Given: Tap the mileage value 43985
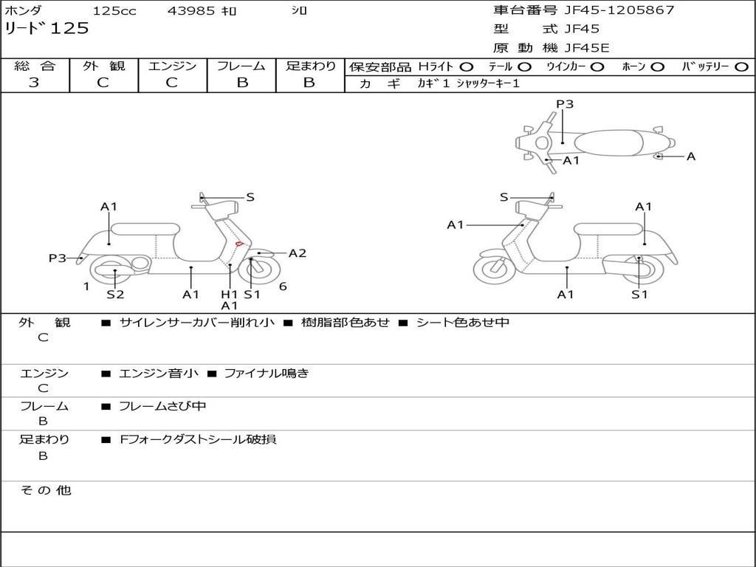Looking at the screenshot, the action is [x=191, y=11].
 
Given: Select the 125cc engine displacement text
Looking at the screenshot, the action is [x=114, y=11].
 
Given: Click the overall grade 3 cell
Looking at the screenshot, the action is [x=35, y=83].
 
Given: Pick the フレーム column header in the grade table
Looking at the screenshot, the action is [x=242, y=66].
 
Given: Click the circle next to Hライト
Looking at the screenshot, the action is [x=467, y=67].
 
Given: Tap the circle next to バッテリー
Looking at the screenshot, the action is [x=742, y=67].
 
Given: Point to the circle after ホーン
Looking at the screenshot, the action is [x=658, y=67].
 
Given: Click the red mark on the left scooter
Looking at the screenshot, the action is [x=239, y=244].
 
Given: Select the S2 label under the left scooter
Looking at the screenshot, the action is [x=115, y=295].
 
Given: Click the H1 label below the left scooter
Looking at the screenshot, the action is [x=230, y=295].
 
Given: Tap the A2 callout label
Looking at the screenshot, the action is [x=298, y=253].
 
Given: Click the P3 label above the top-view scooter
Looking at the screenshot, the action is [x=565, y=104].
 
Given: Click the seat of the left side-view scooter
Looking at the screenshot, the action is [x=145, y=228].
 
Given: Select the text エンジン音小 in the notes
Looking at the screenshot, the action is [x=159, y=374].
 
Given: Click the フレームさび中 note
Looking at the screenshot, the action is [x=162, y=407].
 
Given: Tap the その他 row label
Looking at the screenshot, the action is [x=45, y=490].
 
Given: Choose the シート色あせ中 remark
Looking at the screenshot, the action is [x=463, y=323].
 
